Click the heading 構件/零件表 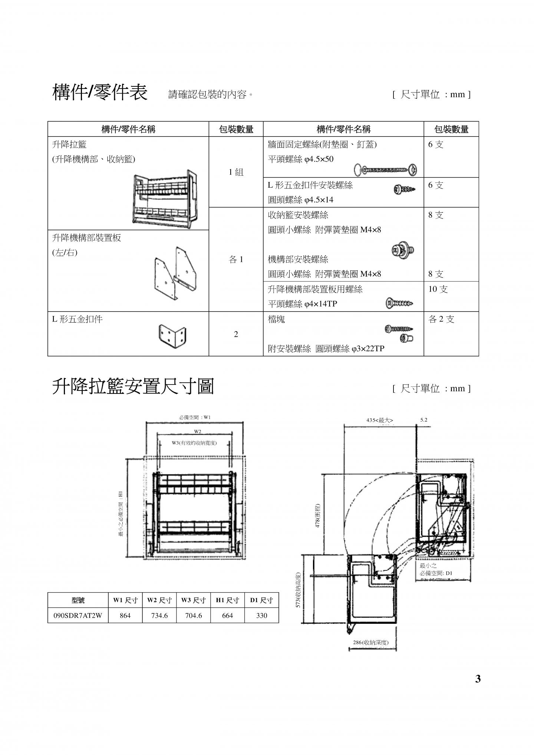tap(100, 92)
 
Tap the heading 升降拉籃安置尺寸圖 tap(133, 387)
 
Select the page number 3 tap(478, 679)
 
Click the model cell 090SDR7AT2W tap(78, 616)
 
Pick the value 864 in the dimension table tap(125, 616)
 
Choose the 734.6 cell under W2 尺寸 tap(159, 616)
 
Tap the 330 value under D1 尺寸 tap(261, 616)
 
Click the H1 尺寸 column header tap(227, 600)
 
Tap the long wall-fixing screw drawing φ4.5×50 tap(386, 170)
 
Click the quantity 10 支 tap(438, 289)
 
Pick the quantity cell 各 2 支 tap(441, 319)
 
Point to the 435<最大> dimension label tap(380, 420)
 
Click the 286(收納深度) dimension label tap(371, 643)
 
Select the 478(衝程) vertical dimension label tap(317, 516)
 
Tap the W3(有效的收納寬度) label tap(194, 443)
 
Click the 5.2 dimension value tap(424, 420)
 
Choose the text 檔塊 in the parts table tap(276, 319)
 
